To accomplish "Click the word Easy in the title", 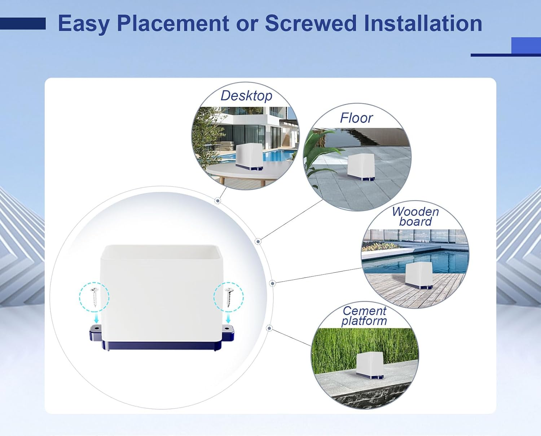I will tap(84, 24).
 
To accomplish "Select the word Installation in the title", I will tap(423, 24).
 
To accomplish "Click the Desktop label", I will tap(246, 96).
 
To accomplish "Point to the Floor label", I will tap(356, 118).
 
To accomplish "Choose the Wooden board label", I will tap(415, 216).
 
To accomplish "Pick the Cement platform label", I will tap(364, 316).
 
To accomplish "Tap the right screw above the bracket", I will tap(228, 296).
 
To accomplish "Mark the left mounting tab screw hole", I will tap(96, 328).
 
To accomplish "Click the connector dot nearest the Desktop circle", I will tap(217, 201).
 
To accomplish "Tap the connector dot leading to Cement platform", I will tap(269, 328).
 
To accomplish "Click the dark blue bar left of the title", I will tap(23, 24).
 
